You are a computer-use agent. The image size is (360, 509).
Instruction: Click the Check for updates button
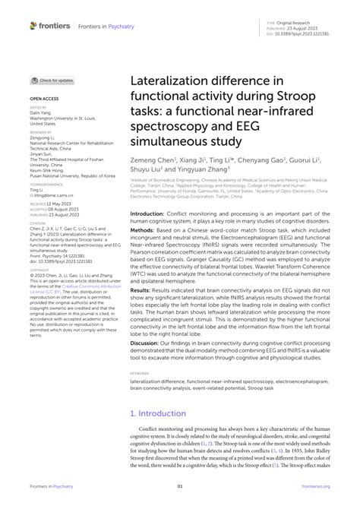click(x=52, y=80)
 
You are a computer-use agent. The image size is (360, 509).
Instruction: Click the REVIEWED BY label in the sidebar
click(x=41, y=131)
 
